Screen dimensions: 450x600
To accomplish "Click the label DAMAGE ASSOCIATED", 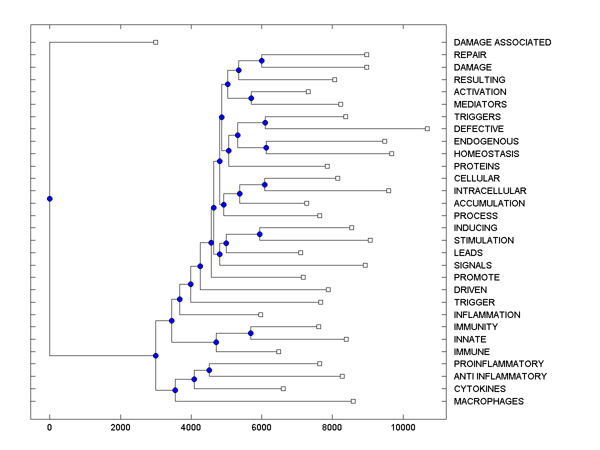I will tap(502, 42).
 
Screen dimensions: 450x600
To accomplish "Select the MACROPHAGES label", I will tap(488, 401).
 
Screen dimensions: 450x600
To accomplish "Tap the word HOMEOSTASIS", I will tap(486, 154).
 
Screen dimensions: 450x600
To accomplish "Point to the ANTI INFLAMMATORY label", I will tap(500, 376).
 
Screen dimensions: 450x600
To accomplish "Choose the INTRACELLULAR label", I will tap(489, 191).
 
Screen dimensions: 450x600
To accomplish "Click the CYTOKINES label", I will tap(479, 389).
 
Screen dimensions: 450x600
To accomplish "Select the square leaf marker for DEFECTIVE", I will tap(427, 129).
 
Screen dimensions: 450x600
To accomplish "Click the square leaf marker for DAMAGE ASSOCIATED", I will tap(155, 42).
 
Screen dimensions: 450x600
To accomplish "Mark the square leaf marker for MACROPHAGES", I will tap(353, 401).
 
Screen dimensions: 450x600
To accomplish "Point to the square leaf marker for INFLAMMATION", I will tap(260, 314).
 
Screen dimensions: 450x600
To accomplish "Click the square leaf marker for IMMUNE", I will tap(278, 351).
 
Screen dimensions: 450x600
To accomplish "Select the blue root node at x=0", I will tap(49, 198).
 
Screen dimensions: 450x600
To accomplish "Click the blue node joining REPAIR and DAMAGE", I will tap(261, 60).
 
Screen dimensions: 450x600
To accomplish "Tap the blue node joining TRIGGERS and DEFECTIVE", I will tap(265, 122).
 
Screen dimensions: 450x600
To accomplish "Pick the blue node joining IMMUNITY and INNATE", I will tap(250, 333).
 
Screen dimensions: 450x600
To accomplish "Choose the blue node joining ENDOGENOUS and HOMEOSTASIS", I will tap(266, 147).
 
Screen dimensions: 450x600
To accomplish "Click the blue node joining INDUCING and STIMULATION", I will tap(259, 234).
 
